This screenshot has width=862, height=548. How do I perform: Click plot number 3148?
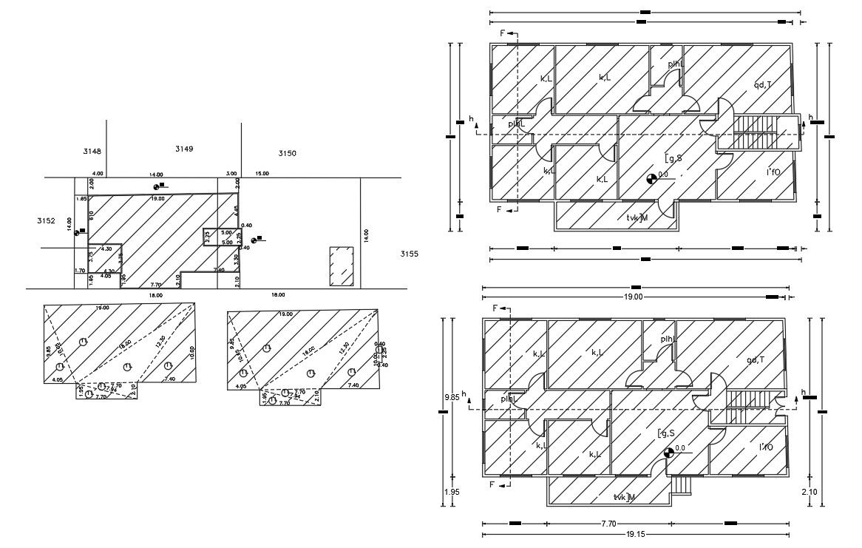[92, 152]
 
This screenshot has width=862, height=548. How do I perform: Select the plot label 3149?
[184, 149]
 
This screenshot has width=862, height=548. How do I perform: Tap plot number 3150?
[287, 153]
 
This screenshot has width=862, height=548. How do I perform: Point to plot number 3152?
[46, 220]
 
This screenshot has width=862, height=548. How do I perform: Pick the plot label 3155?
[409, 254]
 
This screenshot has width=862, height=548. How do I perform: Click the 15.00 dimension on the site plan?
[262, 173]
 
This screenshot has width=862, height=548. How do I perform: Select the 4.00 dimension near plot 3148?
[98, 174]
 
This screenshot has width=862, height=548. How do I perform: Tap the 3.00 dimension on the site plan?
[231, 173]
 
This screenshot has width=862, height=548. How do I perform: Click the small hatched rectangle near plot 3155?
[341, 268]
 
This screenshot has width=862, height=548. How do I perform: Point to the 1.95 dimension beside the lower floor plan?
[451, 491]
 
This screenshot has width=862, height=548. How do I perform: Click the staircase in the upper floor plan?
[758, 133]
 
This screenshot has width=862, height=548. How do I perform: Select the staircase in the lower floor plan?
[747, 399]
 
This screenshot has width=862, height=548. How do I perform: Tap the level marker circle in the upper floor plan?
[651, 178]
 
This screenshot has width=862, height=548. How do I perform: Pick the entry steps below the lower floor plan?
[682, 484]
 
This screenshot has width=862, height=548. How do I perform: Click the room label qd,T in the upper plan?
[762, 85]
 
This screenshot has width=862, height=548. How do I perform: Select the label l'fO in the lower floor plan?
[766, 447]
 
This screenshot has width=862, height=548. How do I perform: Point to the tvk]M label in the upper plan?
[637, 217]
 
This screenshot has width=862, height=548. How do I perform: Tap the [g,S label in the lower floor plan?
[666, 433]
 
